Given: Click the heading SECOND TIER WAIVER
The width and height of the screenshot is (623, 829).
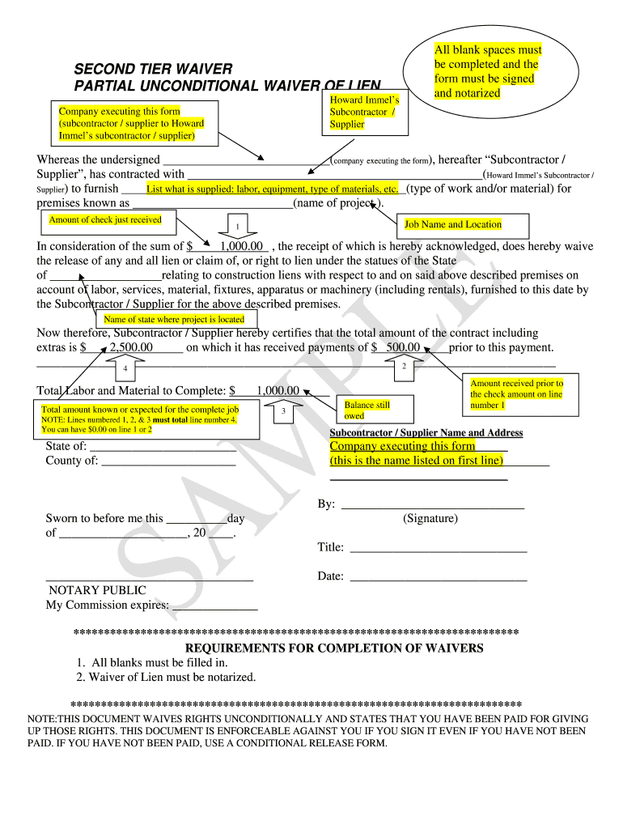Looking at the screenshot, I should [153, 70].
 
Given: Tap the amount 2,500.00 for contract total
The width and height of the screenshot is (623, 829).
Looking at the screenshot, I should [131, 347].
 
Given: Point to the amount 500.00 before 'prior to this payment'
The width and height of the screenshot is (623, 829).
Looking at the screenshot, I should [403, 347].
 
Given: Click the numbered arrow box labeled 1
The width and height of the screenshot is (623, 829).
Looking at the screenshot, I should [236, 224].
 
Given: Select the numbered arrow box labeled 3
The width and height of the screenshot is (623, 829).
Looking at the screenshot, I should [282, 410].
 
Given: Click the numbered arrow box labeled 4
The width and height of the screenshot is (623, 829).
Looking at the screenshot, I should [125, 368].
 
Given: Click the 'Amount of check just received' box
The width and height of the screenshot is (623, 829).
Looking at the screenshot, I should [107, 219].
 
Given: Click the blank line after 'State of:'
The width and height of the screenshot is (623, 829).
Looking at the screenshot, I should [163, 447].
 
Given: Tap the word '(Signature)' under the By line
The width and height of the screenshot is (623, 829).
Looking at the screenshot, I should [430, 518].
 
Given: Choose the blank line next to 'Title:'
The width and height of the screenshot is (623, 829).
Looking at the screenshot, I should [438, 548].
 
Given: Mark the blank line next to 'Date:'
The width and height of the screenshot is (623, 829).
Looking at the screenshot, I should [438, 577].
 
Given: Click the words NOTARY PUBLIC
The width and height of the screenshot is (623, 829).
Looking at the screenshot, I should [97, 591].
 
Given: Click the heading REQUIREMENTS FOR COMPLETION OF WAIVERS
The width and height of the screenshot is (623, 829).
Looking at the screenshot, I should [334, 648].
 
